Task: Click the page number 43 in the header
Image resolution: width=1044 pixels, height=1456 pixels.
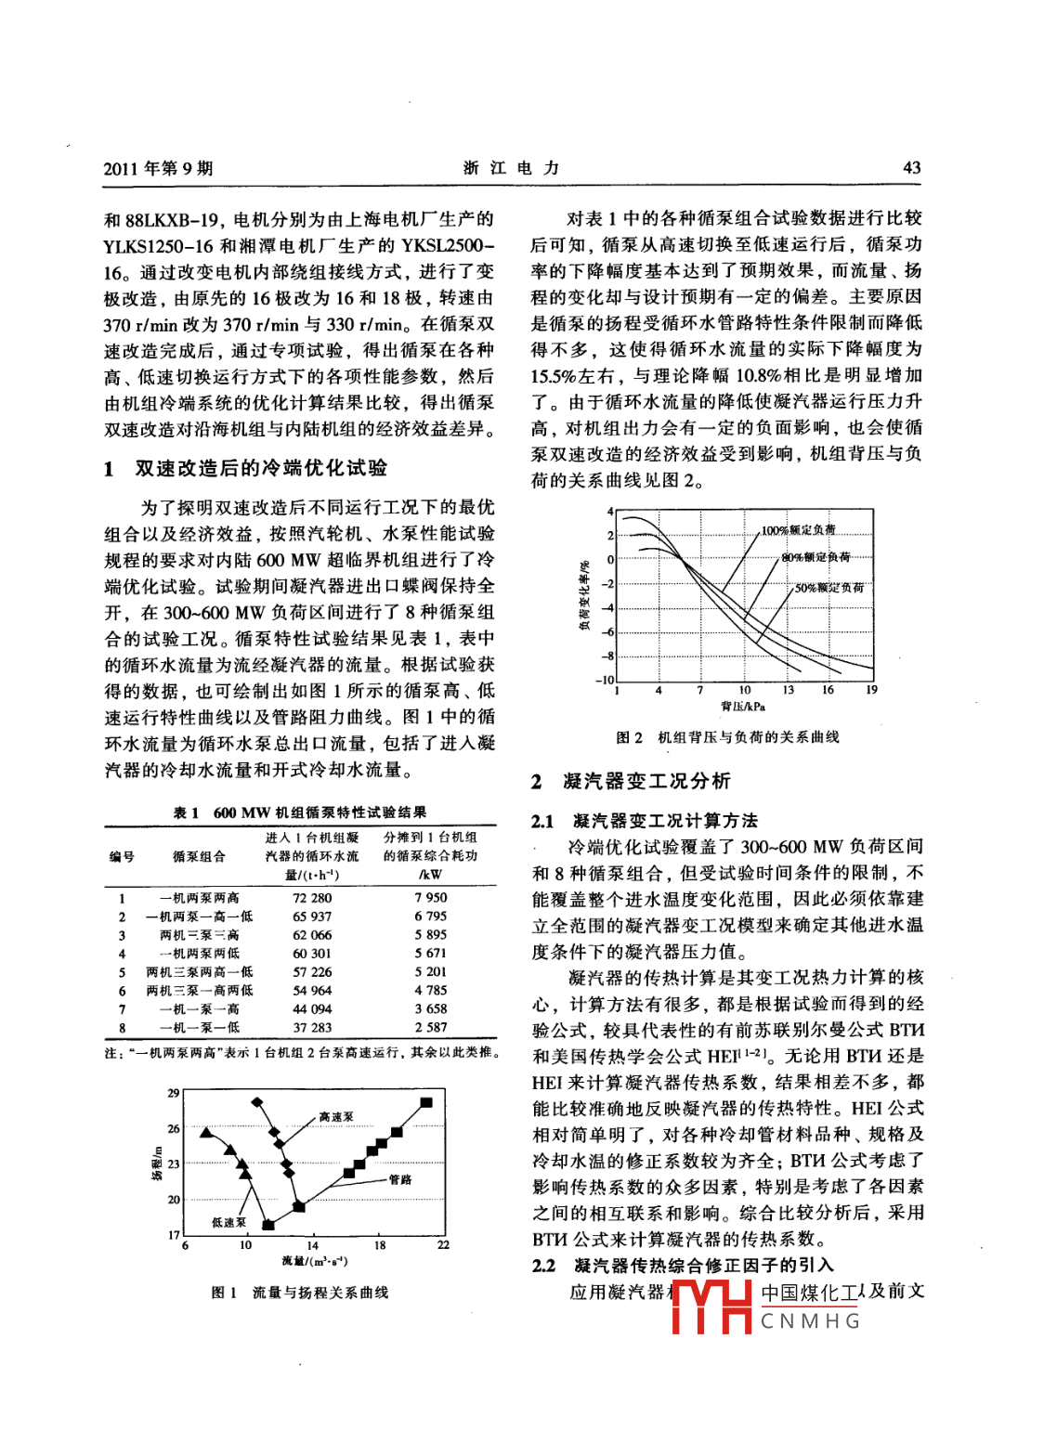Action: [911, 168]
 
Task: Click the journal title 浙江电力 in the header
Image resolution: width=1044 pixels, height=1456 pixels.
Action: [511, 168]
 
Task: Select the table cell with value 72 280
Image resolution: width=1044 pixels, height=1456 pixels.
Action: [312, 898]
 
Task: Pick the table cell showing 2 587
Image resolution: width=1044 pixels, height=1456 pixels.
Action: [431, 1028]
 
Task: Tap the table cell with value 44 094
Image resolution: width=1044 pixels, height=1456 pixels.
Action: [312, 1009]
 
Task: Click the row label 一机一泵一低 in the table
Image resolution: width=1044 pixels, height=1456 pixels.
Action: [199, 1028]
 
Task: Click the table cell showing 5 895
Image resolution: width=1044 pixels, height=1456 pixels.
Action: [431, 935]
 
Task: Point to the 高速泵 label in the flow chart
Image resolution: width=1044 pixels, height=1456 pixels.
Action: [336, 1117]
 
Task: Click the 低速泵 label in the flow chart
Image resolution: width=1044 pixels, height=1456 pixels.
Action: [229, 1222]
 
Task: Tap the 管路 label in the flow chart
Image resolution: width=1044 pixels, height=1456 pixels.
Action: [400, 1179]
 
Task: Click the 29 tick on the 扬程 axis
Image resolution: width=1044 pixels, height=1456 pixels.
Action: [174, 1093]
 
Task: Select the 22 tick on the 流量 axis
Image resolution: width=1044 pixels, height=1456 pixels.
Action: [443, 1245]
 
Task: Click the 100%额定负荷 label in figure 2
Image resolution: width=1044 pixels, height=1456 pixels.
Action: [798, 530]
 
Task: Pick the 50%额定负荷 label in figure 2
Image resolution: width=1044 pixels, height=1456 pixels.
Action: [829, 588]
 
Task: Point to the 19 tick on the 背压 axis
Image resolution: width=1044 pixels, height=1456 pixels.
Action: [871, 690]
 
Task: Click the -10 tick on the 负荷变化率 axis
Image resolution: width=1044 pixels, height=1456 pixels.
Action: [604, 681]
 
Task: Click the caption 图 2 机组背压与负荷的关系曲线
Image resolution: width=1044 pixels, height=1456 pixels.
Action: [727, 737]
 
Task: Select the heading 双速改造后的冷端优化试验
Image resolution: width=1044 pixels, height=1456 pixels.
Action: [261, 469]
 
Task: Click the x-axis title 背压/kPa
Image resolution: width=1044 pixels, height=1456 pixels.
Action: [743, 707]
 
